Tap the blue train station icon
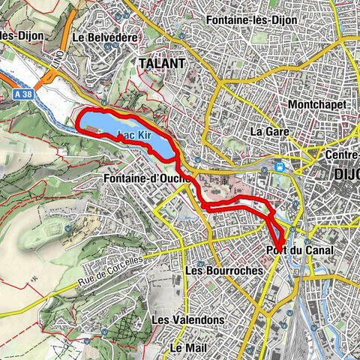(x=280, y=167)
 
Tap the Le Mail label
(x=187, y=348)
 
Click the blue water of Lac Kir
(x=105, y=124)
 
